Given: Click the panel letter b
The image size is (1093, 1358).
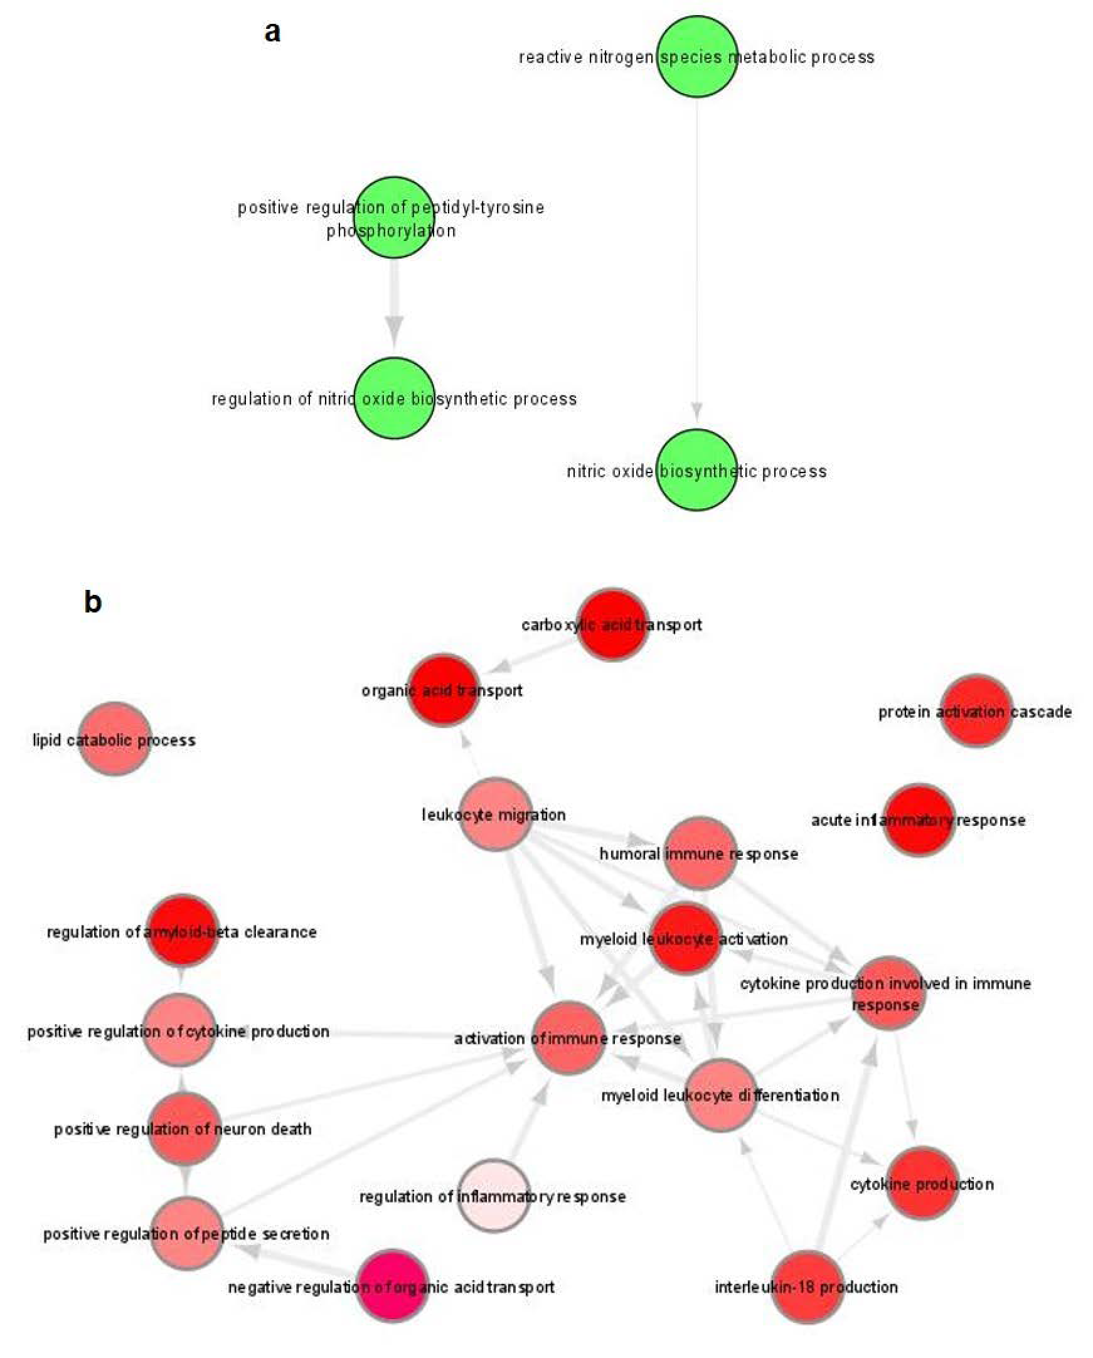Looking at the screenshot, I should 93,602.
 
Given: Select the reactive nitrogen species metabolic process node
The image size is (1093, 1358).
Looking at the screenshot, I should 696,57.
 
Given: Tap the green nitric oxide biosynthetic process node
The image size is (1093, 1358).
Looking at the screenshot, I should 696,470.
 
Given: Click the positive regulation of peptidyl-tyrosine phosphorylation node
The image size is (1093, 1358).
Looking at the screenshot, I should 394,217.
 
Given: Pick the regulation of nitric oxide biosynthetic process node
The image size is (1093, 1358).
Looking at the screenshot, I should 394,398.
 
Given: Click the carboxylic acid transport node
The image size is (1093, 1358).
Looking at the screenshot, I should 612,625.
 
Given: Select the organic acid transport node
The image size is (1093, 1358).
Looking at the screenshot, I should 442,690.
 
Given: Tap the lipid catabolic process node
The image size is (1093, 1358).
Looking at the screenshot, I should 114,739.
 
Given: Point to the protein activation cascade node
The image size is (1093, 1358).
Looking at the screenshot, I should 976,711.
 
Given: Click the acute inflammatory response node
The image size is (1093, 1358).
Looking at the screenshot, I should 919,820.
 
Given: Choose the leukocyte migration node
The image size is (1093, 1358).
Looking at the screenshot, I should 496,815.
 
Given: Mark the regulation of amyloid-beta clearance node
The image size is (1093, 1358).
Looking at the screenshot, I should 183,930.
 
